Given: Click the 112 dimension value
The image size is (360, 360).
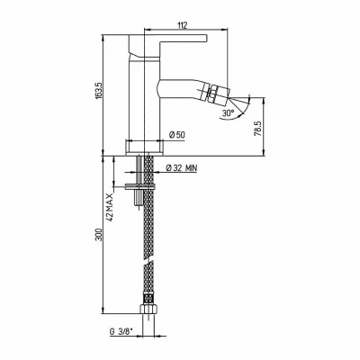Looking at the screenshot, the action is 182,25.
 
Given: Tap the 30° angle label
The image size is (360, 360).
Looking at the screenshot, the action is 229,113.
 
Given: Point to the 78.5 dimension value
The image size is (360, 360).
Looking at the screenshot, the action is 257,129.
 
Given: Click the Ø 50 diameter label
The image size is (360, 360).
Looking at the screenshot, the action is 177,135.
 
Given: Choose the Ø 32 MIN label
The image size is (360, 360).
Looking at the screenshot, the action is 182,168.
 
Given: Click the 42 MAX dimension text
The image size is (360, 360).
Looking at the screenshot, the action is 110,207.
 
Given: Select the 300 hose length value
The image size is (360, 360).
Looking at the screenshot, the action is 99,235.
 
